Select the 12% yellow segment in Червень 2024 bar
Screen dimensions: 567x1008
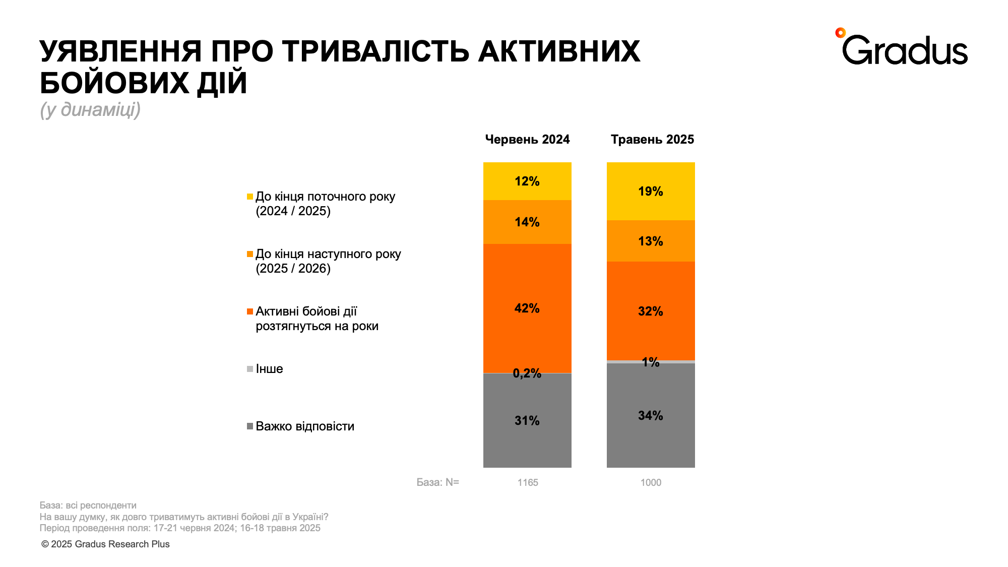pyautogui.click(x=527, y=181)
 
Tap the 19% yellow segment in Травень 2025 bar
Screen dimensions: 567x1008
pyautogui.click(x=651, y=191)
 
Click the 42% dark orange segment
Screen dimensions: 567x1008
pyautogui.click(x=527, y=308)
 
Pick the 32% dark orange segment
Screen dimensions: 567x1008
pyautogui.click(x=651, y=311)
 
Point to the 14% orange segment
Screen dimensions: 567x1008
pyautogui.click(x=527, y=222)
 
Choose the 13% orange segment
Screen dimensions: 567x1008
pyautogui.click(x=651, y=241)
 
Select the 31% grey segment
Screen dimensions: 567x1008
pyautogui.click(x=527, y=420)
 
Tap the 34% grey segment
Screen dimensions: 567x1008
pyautogui.click(x=651, y=415)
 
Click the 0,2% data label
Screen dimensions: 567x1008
pyautogui.click(x=527, y=373)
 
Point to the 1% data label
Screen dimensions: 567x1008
pyautogui.click(x=651, y=362)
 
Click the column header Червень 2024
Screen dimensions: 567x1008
pyautogui.click(x=527, y=140)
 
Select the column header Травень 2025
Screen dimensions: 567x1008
pyautogui.click(x=652, y=140)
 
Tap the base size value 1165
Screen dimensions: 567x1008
pyautogui.click(x=528, y=482)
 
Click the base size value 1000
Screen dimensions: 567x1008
pyautogui.click(x=651, y=482)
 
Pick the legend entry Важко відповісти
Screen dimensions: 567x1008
pyautogui.click(x=304, y=426)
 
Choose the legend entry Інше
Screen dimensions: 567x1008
pyautogui.click(x=269, y=369)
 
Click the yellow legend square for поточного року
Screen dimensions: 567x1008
pyautogui.click(x=250, y=197)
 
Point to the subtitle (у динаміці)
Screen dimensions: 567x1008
pyautogui.click(x=90, y=109)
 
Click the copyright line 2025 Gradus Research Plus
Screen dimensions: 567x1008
pyautogui.click(x=105, y=544)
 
